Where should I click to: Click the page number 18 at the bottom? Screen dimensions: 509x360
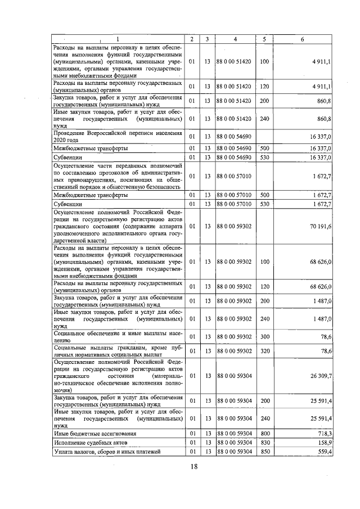(x=193, y=466)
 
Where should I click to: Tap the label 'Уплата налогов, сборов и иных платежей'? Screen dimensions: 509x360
(x=107, y=452)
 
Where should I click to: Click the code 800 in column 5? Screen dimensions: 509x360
(x=264, y=434)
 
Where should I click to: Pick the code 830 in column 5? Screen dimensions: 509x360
(x=264, y=443)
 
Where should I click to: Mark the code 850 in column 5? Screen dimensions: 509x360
(x=264, y=452)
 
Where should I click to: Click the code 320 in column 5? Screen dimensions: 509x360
(x=264, y=351)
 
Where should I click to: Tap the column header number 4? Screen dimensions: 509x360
(x=235, y=39)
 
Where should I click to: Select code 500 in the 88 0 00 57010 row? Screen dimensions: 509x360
(x=264, y=194)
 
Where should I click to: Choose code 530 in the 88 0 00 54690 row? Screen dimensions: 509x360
(x=264, y=157)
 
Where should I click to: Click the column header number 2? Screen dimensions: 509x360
(x=192, y=39)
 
